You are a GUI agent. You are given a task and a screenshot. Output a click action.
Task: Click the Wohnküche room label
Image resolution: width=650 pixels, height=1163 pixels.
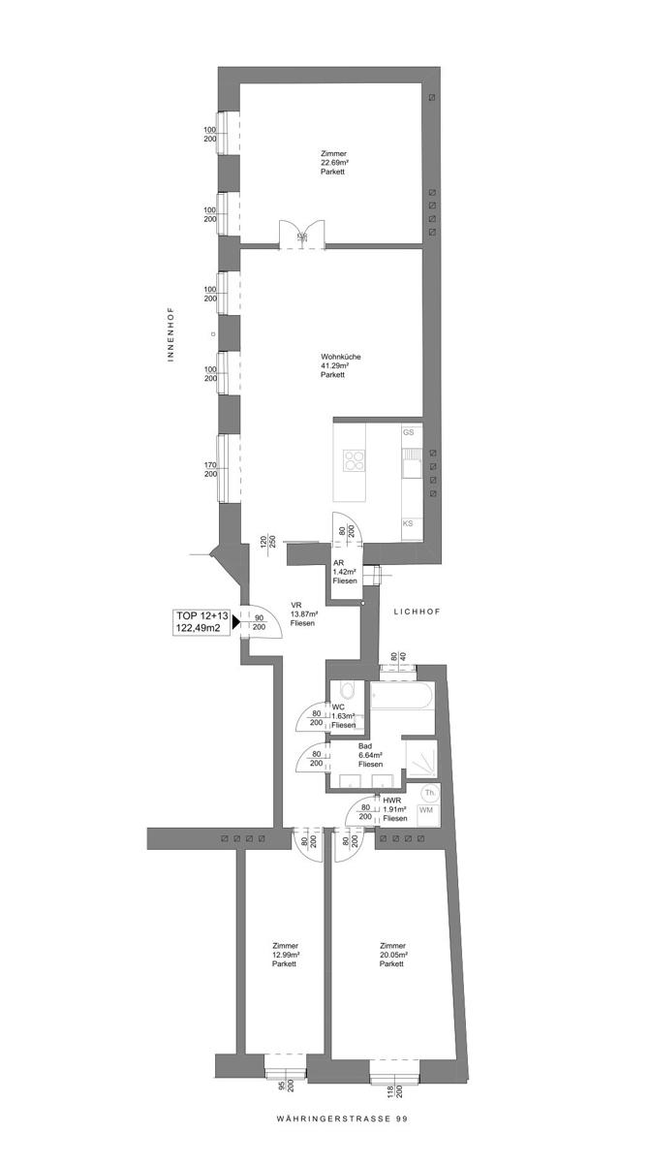click(x=342, y=365)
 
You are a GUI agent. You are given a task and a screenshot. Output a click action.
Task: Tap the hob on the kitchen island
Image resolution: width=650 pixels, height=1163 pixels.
click(x=353, y=461)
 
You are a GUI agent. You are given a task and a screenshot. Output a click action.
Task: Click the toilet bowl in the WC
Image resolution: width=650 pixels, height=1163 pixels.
click(x=348, y=692)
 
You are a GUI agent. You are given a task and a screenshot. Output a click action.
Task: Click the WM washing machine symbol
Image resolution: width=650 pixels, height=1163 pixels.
click(x=425, y=810)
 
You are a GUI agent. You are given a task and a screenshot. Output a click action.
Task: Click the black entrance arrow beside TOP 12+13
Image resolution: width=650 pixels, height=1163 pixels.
click(x=235, y=622)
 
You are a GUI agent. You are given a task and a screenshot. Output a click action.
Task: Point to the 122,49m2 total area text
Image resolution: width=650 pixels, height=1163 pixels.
click(x=201, y=628)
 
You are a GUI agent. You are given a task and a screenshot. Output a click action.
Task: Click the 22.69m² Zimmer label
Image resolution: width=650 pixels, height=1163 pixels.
click(x=334, y=163)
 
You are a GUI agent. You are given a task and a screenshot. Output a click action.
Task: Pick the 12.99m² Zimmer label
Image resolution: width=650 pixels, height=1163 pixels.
click(x=285, y=955)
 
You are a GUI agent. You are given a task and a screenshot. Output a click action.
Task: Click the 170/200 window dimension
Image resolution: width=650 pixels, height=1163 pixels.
click(x=210, y=471)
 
